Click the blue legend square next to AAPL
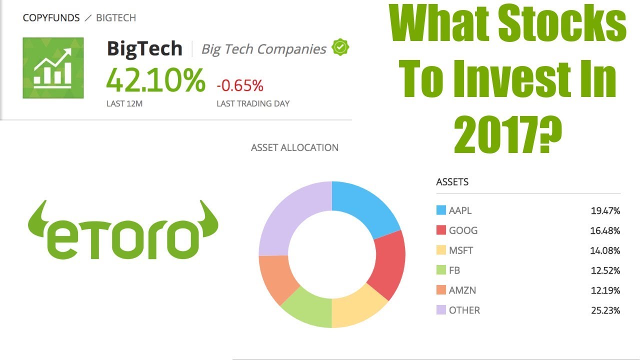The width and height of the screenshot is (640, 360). (x=440, y=210)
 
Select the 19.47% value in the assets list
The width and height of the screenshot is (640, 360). (x=605, y=211)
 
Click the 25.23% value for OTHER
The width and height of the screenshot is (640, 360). (x=605, y=310)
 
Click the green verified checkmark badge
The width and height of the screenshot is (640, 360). (x=340, y=47)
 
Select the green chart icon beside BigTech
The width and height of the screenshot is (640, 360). (x=52, y=68)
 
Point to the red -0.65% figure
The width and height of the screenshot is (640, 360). (x=239, y=85)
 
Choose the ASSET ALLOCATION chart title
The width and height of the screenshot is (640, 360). (x=294, y=147)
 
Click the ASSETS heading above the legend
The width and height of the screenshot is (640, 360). (x=452, y=182)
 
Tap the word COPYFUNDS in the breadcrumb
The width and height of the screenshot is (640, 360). (x=51, y=18)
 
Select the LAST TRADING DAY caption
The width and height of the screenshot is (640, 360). (x=253, y=104)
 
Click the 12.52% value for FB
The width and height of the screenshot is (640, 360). (x=605, y=270)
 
